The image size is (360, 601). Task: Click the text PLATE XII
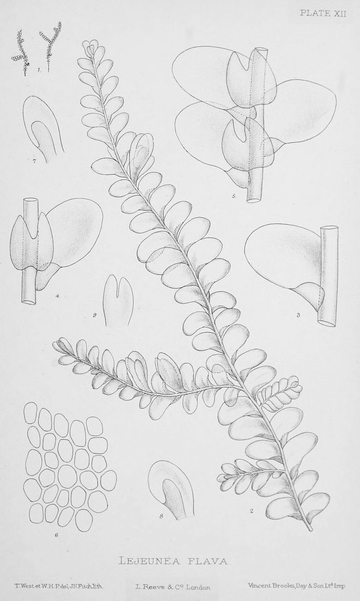(323, 14)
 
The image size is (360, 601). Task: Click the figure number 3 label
(298, 315)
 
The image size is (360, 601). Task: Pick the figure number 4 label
(57, 296)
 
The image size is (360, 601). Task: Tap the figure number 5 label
(234, 196)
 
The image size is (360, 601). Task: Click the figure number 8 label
(161, 516)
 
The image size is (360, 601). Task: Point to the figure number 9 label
(94, 315)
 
